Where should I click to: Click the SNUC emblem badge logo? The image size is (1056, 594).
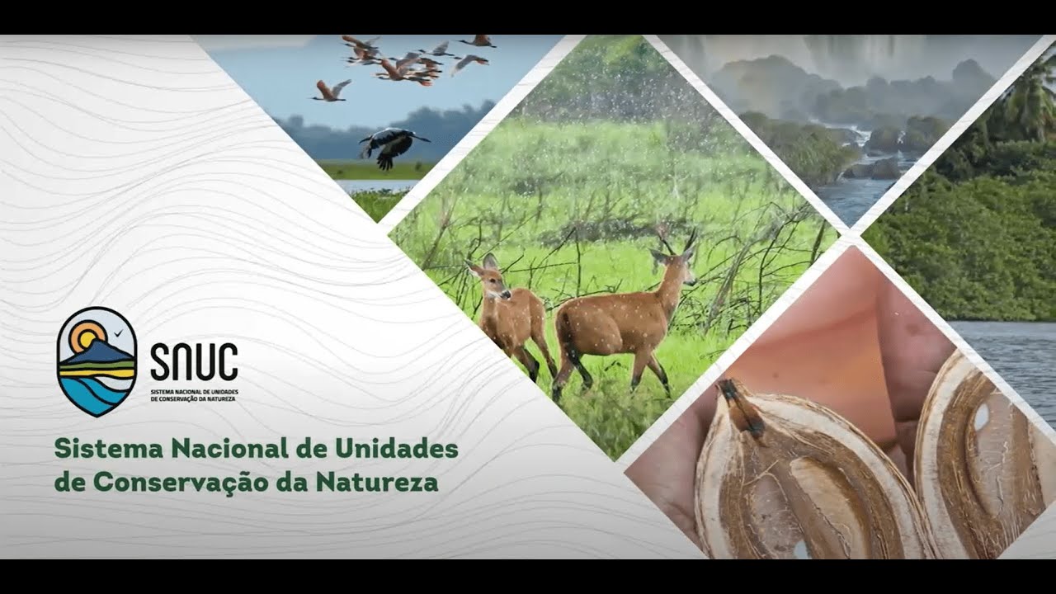click(97, 361)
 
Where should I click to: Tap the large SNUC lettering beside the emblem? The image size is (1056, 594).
click(194, 361)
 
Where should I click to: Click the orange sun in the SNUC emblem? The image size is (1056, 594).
click(86, 336)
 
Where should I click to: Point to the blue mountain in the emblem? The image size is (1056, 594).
click(102, 353)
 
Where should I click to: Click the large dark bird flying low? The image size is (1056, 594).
click(391, 145)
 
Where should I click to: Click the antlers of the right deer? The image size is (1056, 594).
click(676, 240)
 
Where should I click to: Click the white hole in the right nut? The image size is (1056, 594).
click(981, 417)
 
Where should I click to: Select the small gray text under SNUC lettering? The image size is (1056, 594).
click(194, 394)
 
